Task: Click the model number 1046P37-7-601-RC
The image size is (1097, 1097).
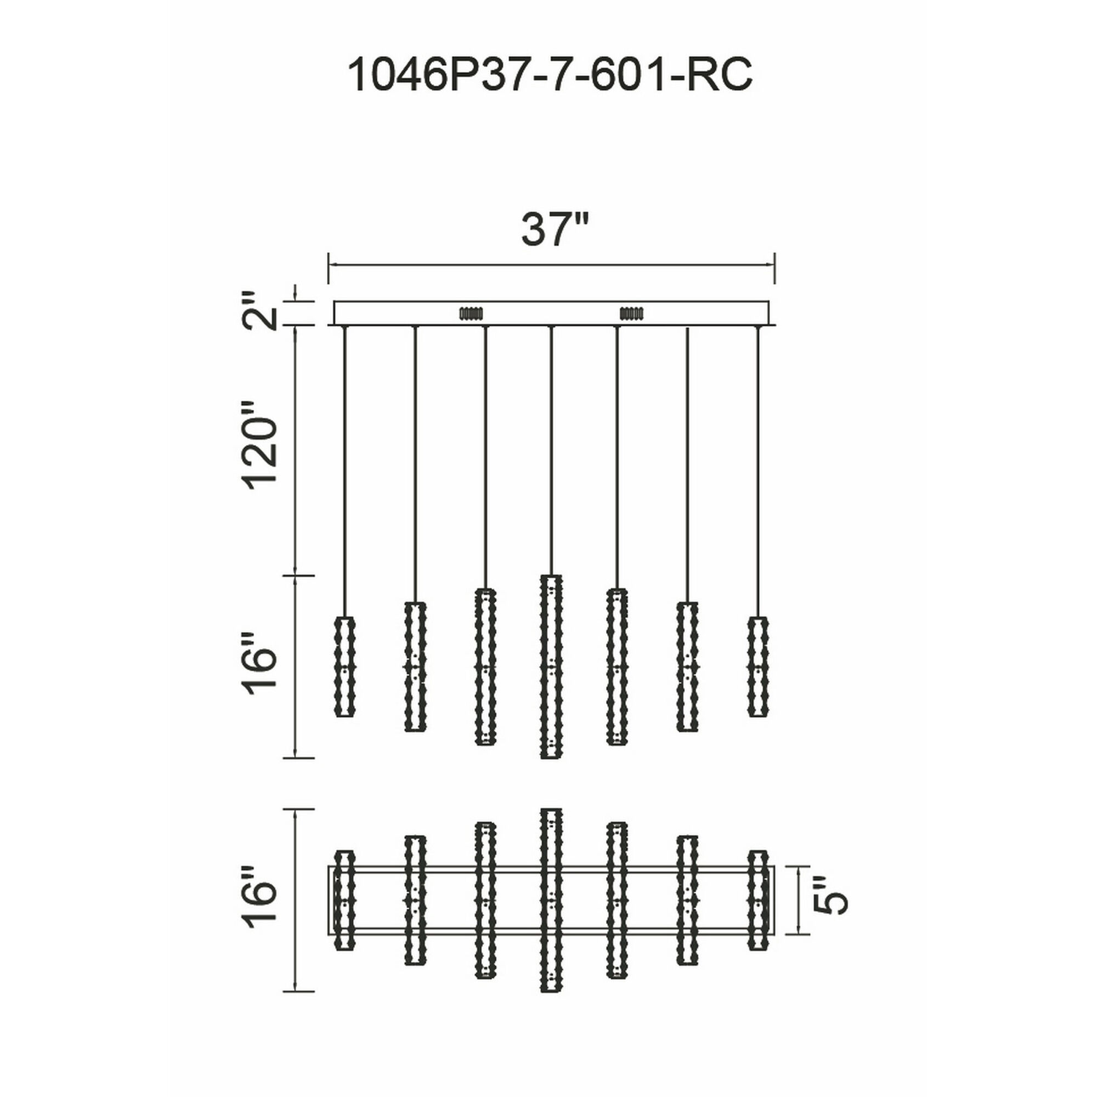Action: [549, 75]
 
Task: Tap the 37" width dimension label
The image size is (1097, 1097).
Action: [553, 230]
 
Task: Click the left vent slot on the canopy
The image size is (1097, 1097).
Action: [470, 313]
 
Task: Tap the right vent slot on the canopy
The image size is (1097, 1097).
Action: [631, 313]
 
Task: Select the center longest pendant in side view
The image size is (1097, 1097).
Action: [551, 666]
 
